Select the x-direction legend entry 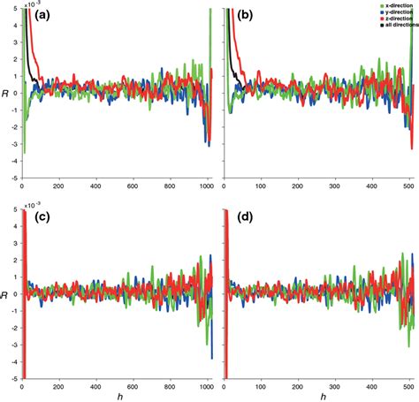tap(385, 6)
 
